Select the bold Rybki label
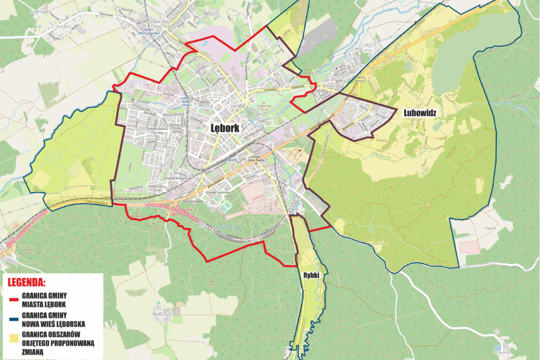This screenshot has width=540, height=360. coord(312,274)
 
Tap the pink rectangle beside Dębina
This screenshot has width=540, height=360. coord(469,247)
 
